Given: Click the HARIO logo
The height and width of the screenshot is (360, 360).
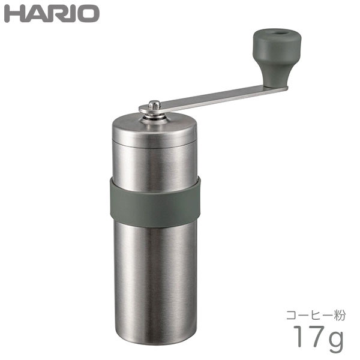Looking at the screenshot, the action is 52,14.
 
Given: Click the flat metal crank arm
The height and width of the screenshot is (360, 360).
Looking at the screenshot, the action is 214,98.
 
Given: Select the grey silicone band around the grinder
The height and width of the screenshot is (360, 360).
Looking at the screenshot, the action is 155,202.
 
